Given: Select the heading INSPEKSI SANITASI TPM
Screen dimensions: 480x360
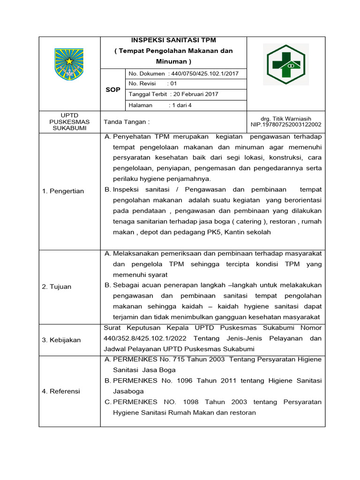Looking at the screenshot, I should click(x=173, y=40).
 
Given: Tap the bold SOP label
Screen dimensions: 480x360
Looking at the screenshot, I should click(x=113, y=90).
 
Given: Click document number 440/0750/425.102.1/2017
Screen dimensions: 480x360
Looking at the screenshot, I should click(x=206, y=74).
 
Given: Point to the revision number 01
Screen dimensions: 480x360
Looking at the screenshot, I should click(x=173, y=84).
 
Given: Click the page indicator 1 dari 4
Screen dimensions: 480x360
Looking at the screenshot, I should click(x=182, y=105).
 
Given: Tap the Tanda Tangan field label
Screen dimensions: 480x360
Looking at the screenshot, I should click(x=127, y=122).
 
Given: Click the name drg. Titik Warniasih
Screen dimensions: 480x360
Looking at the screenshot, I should click(x=285, y=119).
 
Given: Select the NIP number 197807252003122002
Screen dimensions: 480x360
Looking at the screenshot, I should click(x=285, y=125).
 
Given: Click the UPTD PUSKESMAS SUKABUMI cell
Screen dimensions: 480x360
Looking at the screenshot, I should click(x=69, y=122).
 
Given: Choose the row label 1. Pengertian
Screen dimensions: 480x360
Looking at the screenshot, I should click(x=63, y=191).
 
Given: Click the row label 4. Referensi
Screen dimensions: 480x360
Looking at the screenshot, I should click(x=61, y=391).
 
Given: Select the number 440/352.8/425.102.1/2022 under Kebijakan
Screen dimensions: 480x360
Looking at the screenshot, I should click(x=142, y=338).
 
